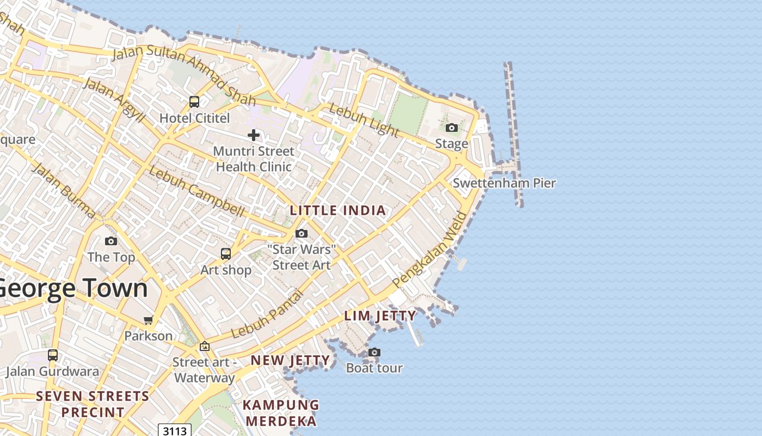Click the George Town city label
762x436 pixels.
(73, 288)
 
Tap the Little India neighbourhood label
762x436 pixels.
(337, 210)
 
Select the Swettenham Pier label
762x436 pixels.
(504, 183)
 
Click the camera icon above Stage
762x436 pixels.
(451, 128)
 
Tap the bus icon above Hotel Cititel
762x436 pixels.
(194, 101)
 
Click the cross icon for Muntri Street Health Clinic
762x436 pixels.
(254, 135)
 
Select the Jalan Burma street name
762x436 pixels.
(63, 190)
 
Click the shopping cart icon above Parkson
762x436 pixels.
(148, 320)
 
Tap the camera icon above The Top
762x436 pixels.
(111, 241)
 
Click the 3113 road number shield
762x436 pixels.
(175, 431)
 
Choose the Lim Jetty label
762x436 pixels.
(380, 316)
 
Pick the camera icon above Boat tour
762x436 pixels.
(374, 352)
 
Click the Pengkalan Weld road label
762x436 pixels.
(429, 249)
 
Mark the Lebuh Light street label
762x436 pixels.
(364, 120)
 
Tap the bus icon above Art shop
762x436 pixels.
(225, 253)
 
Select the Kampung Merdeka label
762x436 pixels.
(280, 413)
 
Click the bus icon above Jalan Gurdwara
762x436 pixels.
(53, 355)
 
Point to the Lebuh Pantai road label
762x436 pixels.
(267, 314)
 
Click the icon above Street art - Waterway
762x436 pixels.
(205, 346)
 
